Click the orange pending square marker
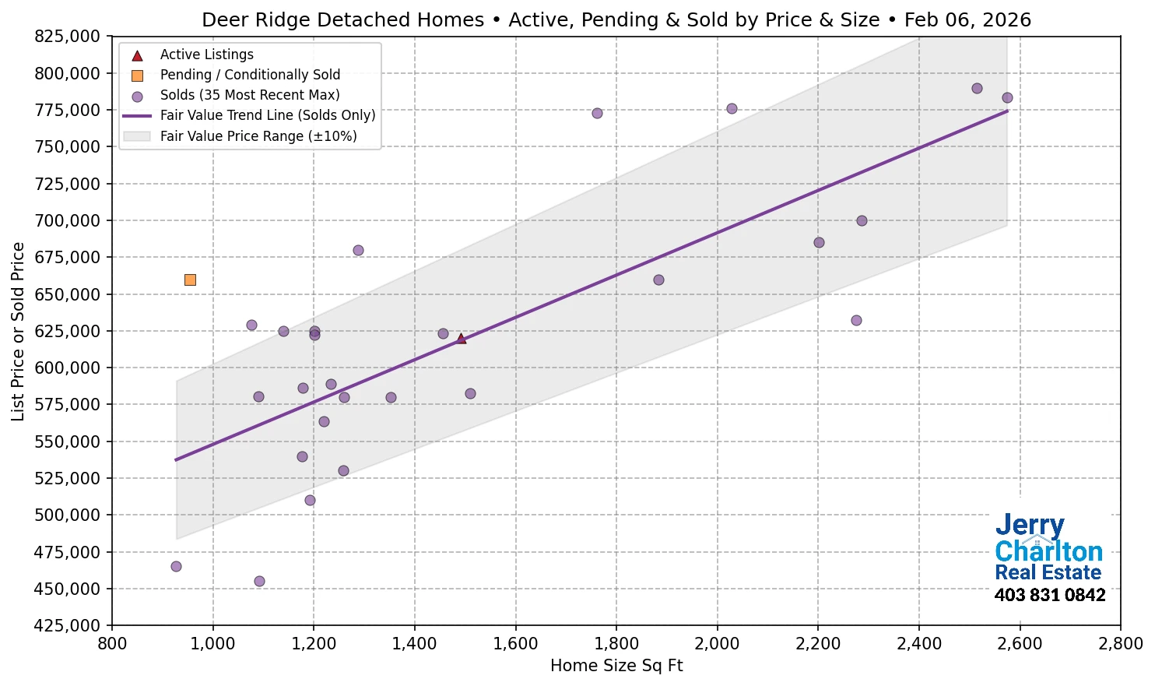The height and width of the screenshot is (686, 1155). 190,280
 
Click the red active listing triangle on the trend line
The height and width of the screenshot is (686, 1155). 461,338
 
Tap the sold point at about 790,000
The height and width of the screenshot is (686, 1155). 977,88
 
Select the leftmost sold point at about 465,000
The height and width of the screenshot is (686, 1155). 176,566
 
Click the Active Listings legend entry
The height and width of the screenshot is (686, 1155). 206,55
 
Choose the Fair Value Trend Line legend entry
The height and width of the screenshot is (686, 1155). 267,115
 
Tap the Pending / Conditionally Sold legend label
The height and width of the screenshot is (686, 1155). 250,75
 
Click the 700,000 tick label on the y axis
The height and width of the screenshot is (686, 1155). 68,220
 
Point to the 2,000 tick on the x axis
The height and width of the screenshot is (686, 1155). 717,644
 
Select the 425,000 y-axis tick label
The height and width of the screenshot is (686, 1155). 68,625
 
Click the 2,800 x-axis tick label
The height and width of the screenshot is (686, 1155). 1120,644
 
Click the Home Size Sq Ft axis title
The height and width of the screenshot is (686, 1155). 616,666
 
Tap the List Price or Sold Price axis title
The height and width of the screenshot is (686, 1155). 18,331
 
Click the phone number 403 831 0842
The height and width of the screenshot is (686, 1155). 1049,595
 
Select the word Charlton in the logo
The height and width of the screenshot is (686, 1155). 1048,551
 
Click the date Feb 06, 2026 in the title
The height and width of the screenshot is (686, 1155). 967,20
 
